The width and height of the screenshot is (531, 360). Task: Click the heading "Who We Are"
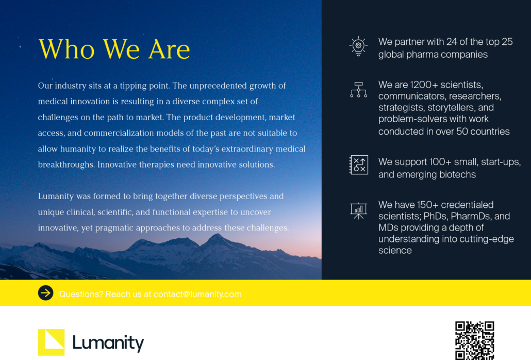click(114, 50)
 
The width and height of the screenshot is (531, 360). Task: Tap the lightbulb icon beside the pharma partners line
click(358, 46)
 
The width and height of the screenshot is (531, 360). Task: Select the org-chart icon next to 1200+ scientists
click(358, 90)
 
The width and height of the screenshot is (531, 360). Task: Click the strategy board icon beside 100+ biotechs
click(358, 165)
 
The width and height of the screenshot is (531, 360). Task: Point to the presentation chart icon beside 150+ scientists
click(358, 210)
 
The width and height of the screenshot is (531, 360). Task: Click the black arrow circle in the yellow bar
click(46, 293)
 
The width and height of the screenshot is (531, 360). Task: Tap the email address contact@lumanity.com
click(197, 294)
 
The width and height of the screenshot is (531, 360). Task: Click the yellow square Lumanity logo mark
click(51, 342)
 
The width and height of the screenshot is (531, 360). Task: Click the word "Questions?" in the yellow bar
click(81, 294)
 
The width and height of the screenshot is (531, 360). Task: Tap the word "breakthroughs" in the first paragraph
click(66, 165)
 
